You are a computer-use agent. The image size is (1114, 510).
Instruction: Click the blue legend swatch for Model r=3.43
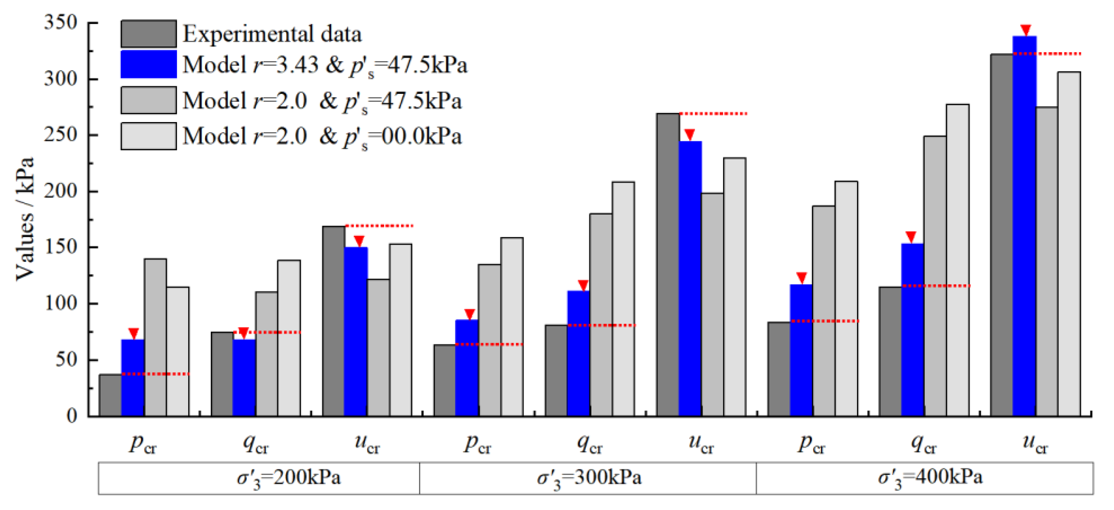click(148, 65)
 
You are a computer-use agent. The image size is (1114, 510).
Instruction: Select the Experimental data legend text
click(272, 34)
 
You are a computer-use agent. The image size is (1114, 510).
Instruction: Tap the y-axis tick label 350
click(60, 22)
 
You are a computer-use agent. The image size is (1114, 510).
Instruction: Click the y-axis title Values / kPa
click(25, 219)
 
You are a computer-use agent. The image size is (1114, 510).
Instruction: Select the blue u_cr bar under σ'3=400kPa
click(1024, 225)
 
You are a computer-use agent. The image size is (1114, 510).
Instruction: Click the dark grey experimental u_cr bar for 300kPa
click(668, 264)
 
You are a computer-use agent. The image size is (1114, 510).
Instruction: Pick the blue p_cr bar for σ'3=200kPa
click(133, 377)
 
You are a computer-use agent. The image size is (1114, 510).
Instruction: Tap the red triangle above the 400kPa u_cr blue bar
click(1026, 29)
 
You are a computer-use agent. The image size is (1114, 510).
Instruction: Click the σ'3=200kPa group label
click(289, 478)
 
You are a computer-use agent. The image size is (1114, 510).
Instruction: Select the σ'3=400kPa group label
click(930, 478)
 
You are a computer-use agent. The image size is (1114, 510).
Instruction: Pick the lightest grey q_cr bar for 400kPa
click(958, 260)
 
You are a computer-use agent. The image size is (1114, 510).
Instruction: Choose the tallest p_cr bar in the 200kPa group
click(155, 338)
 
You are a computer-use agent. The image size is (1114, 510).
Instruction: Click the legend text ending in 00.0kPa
click(322, 136)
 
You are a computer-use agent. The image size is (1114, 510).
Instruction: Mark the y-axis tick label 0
click(72, 416)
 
